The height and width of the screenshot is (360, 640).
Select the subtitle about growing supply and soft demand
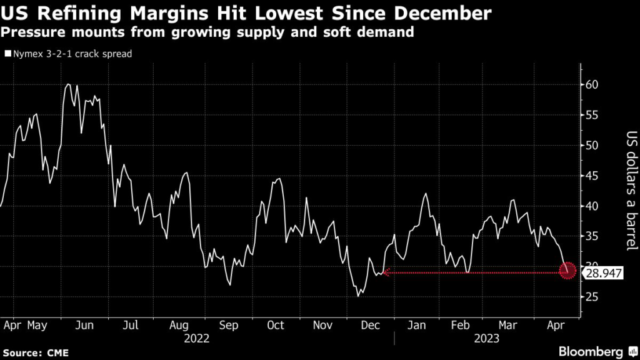pyautogui.click(x=207, y=32)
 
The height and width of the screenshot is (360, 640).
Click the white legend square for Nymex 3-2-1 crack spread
pyautogui.click(x=8, y=54)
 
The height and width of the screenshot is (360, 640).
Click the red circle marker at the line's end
pyautogui.click(x=568, y=271)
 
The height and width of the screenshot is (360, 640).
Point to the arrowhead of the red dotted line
pyautogui.click(x=386, y=272)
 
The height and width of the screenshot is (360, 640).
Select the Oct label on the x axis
pyautogui.click(x=275, y=326)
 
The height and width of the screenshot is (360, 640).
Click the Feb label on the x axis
pyautogui.click(x=461, y=326)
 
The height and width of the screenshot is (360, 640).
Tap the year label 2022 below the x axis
pyautogui.click(x=197, y=339)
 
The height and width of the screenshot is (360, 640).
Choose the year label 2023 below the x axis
pyautogui.click(x=486, y=339)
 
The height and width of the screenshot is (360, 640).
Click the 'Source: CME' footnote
pyautogui.click(x=34, y=354)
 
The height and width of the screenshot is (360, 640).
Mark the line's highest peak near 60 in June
pyautogui.click(x=68, y=84)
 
